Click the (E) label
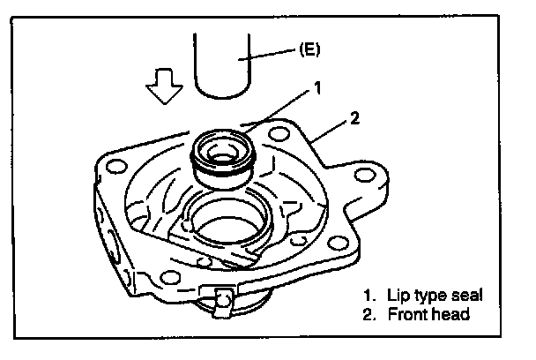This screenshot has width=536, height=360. [x=309, y=49]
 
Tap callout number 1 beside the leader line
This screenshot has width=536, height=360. [x=318, y=88]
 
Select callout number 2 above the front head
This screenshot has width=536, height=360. [x=354, y=118]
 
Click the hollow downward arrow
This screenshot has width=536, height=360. [x=165, y=86]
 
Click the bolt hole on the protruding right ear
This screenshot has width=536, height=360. [x=365, y=176]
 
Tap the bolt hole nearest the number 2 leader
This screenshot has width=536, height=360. [x=279, y=134]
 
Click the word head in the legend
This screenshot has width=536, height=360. [x=454, y=314]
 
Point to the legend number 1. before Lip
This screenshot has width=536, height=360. [x=369, y=296]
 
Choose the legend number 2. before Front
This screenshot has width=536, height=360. [x=369, y=314]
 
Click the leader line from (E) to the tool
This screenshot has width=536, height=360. [x=267, y=55]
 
